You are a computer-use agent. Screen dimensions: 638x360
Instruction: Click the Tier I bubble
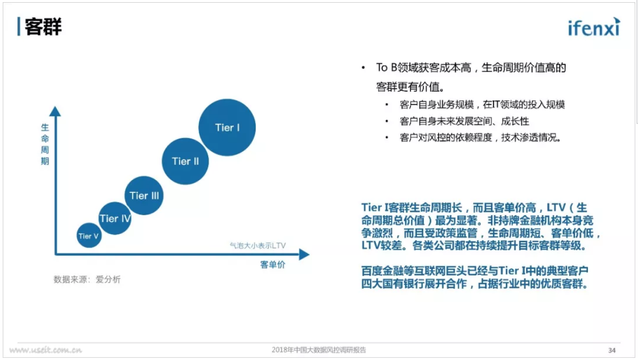[227, 127]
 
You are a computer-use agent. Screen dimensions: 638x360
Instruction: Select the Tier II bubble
[185, 161]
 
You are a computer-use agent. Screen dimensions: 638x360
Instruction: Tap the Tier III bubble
[144, 196]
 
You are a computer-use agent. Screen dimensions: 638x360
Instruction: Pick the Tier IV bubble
[115, 218]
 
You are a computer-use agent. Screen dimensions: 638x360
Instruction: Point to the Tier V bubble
[88, 236]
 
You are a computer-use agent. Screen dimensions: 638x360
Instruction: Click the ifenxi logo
[594, 27]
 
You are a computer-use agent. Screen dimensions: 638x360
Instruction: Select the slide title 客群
[43, 27]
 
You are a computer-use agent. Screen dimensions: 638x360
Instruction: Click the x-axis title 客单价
[272, 265]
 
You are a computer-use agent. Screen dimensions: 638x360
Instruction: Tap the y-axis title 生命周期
[45, 144]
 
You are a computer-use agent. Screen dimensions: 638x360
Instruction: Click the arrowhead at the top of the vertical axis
[55, 112]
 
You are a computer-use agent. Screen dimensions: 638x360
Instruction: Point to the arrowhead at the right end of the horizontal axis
[304, 254]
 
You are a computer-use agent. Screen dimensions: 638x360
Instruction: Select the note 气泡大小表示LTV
[258, 245]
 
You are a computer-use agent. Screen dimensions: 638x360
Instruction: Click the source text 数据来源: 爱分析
[87, 280]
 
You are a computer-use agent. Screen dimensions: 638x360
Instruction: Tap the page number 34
[612, 350]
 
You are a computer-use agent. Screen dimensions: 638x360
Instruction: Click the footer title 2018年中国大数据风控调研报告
[319, 350]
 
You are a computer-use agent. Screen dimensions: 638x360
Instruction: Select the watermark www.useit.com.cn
[45, 350]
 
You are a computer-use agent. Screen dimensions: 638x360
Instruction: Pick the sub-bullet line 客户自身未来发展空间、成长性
[464, 121]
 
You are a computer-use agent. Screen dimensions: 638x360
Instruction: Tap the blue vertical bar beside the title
[19, 26]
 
